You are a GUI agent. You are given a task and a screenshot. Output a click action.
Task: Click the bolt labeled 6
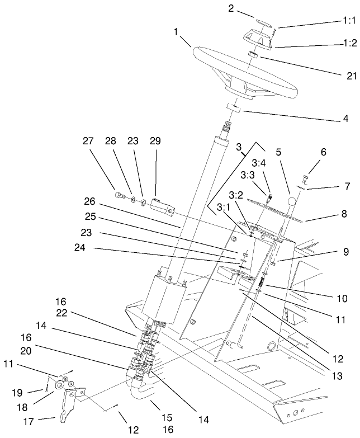(x=304, y=180)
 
